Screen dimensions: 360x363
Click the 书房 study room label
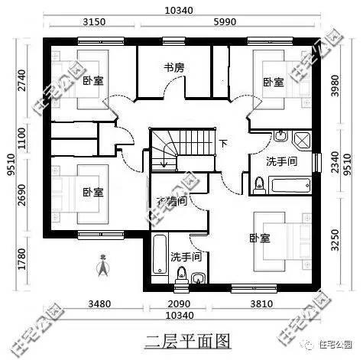pyautogui.click(x=173, y=68)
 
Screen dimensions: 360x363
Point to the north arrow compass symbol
pyautogui.click(x=101, y=267)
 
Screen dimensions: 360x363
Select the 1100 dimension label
pyautogui.click(x=21, y=140)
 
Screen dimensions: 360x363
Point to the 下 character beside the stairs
pyautogui.click(x=223, y=144)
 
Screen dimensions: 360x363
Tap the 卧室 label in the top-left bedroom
pyautogui.click(x=92, y=80)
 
